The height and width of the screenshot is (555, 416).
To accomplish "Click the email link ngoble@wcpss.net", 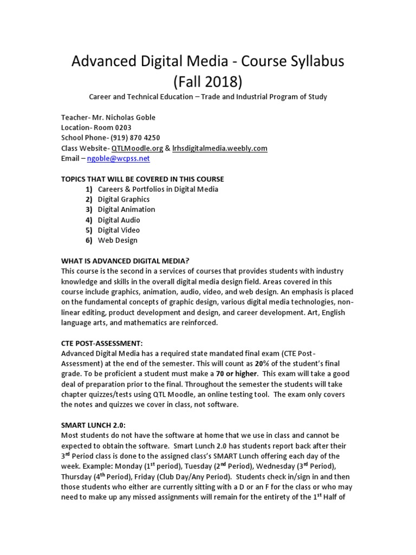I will (118, 159).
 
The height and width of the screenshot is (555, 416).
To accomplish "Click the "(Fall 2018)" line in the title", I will (207, 82).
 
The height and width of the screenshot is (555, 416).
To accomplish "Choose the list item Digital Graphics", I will (123, 199).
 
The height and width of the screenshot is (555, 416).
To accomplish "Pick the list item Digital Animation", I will (126, 210).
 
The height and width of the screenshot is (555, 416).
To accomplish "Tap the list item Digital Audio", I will (119, 220).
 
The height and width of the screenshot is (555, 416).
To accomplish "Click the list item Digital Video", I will (119, 230).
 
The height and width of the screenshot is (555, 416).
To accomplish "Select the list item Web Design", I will (118, 241).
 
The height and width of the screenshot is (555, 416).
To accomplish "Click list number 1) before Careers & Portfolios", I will (88, 189).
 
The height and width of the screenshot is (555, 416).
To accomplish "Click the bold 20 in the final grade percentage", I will (259, 363).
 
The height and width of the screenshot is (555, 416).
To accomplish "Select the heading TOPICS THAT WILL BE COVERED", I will (142, 179).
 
